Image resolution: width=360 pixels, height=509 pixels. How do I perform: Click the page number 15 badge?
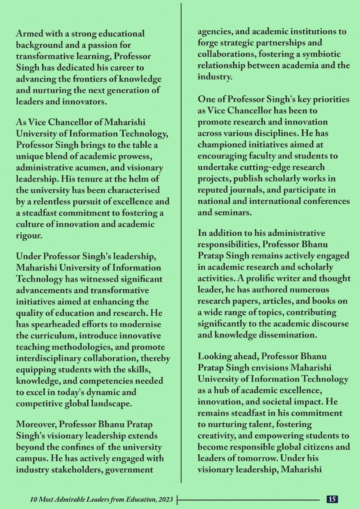332,499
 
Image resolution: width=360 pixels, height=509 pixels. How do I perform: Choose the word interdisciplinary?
48,358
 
